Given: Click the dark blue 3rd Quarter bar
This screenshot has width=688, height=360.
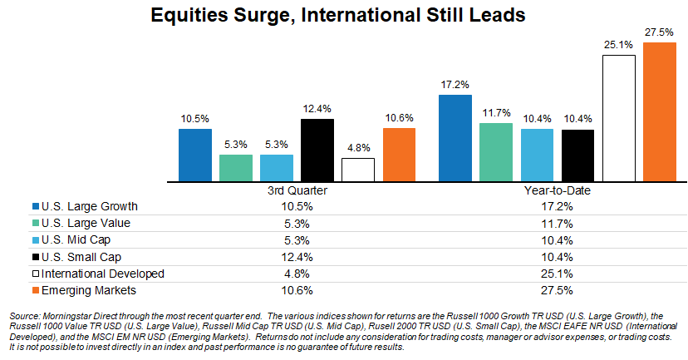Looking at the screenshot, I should (x=195, y=155).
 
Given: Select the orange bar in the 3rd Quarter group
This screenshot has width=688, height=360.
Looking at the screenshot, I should (x=399, y=155).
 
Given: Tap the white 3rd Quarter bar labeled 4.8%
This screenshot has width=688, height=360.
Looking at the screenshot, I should (x=358, y=170).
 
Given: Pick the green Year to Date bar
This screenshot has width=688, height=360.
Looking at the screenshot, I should (x=496, y=152).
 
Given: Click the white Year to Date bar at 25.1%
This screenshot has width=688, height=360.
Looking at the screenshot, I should (x=618, y=118).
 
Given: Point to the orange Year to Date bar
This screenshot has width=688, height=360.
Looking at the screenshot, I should (x=659, y=111).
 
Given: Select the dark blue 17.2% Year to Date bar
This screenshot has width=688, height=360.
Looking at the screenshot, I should (x=455, y=138).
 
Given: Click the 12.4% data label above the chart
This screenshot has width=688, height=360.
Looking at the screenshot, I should (x=317, y=108).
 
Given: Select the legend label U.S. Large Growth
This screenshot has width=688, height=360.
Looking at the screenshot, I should (x=83, y=205).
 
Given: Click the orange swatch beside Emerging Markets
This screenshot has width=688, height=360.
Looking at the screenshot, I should (x=33, y=291).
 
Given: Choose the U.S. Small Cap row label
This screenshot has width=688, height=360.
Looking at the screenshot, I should (x=76, y=257).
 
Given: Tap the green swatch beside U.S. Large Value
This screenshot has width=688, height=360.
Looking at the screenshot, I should (x=33, y=223).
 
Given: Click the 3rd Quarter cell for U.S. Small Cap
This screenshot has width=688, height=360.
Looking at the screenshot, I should (x=297, y=257).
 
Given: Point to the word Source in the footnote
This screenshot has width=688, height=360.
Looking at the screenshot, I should (x=23, y=317).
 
